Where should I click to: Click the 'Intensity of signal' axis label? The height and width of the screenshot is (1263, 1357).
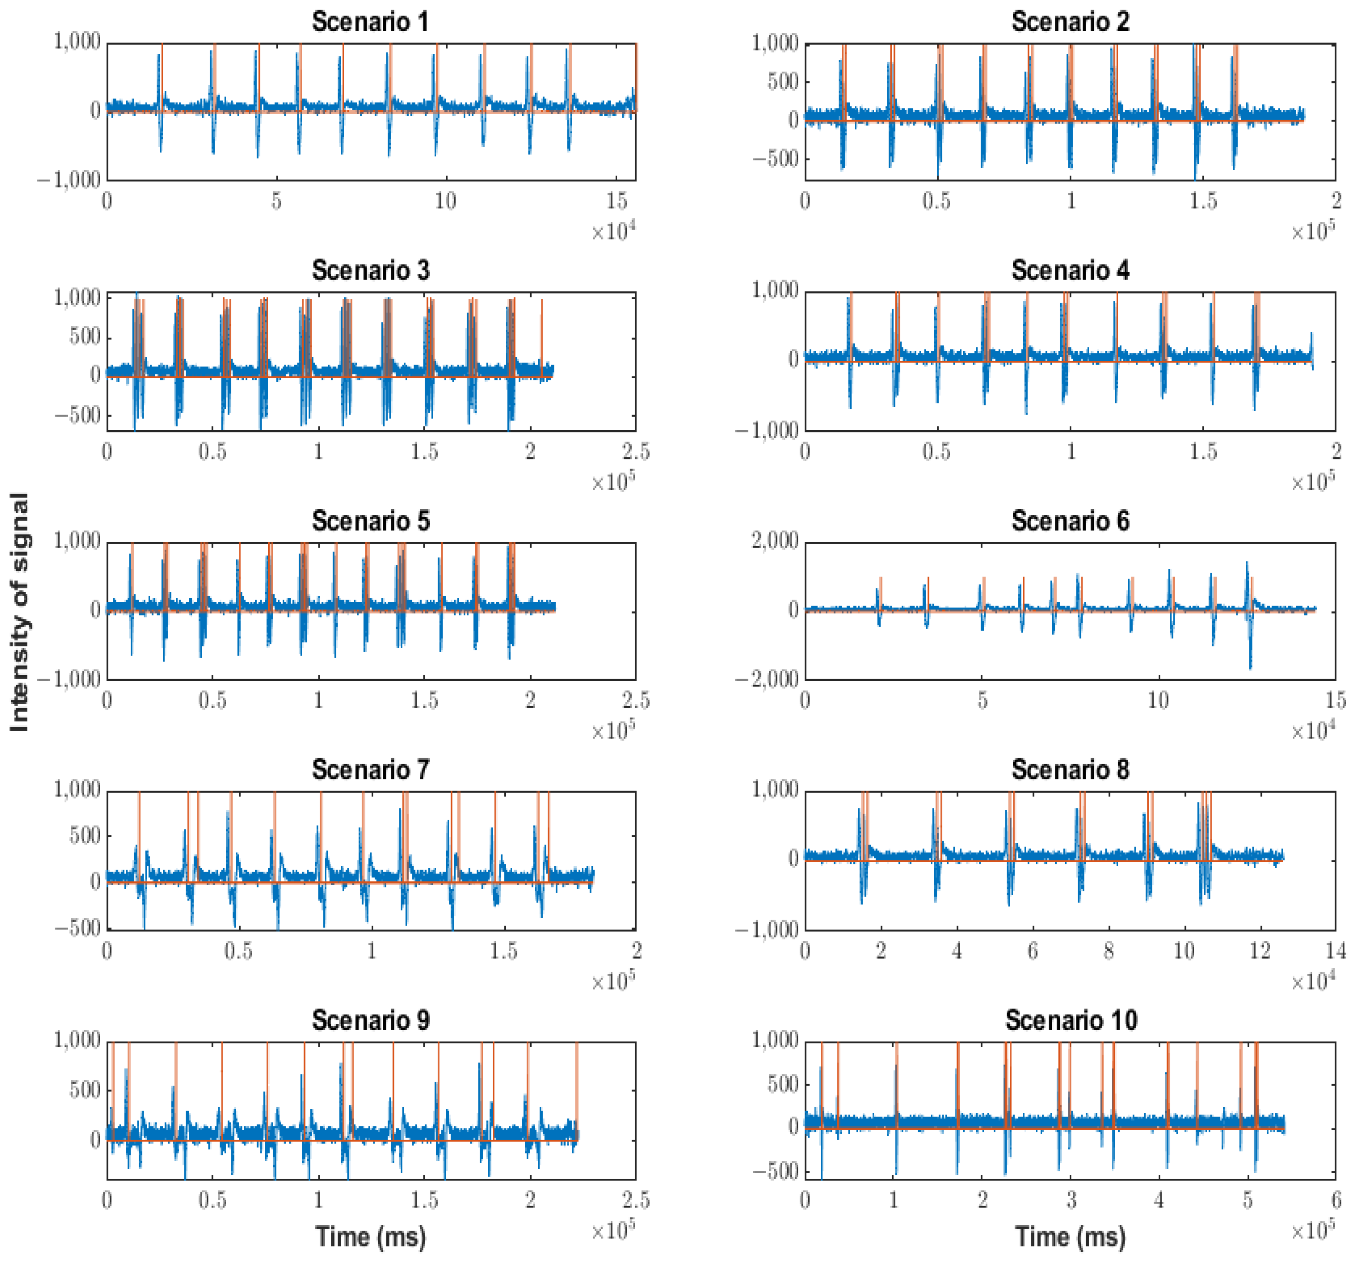pos(20,612)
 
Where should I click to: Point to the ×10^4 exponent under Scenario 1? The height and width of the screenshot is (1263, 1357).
pos(613,232)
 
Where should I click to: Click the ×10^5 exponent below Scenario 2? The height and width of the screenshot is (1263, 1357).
pos(1312,232)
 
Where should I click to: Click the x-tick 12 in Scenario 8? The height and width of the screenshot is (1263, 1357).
pos(1259,950)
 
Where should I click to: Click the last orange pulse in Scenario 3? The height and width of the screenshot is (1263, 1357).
pos(542,338)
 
